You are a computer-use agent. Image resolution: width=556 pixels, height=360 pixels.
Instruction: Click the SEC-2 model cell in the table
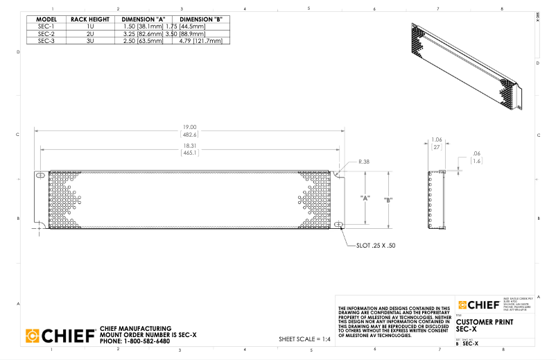coord(46,33)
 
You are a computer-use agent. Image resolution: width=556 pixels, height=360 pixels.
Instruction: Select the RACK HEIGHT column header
coord(90,19)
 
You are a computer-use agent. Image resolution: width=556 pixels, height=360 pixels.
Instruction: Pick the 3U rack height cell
coord(90,41)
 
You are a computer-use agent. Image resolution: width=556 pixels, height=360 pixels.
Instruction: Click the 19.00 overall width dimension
coord(189,127)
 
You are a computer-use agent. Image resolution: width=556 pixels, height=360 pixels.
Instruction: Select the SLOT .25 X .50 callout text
coord(377,246)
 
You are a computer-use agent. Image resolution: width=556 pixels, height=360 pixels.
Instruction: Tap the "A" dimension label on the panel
coord(364,198)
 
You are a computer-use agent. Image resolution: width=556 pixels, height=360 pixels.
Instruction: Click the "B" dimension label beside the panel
coord(388,200)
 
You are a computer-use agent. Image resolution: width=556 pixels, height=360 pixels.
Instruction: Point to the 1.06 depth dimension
coord(437,139)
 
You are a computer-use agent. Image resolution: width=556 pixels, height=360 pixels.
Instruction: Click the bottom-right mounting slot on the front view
coord(338,225)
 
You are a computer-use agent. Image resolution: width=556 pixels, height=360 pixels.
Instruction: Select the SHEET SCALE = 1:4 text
coord(305,339)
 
